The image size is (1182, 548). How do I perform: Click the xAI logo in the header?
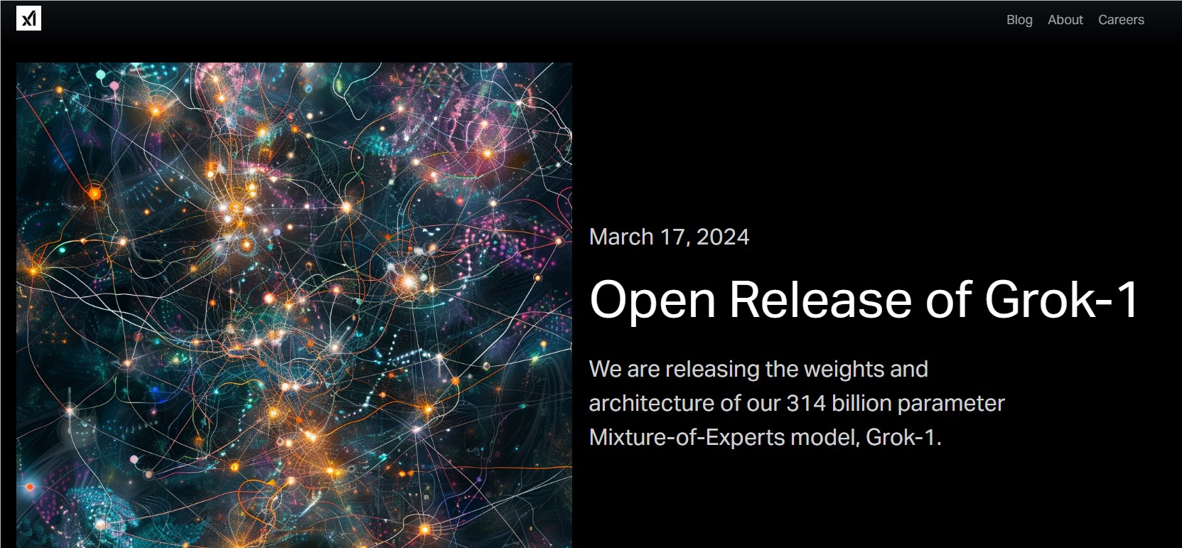(28, 18)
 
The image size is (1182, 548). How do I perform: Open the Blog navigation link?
(1019, 20)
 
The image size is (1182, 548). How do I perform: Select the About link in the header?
(1065, 19)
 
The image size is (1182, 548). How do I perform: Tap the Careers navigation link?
(1122, 19)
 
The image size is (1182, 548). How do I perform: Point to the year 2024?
(723, 237)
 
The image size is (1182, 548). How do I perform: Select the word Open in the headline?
(652, 300)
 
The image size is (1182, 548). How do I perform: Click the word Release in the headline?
(820, 299)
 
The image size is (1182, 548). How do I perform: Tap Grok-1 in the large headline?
(1061, 299)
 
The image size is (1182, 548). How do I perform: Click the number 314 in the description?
(806, 404)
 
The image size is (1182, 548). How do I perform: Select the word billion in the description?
(861, 404)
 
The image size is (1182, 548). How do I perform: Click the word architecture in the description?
(651, 404)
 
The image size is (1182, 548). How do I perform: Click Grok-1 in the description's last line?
(903, 438)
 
